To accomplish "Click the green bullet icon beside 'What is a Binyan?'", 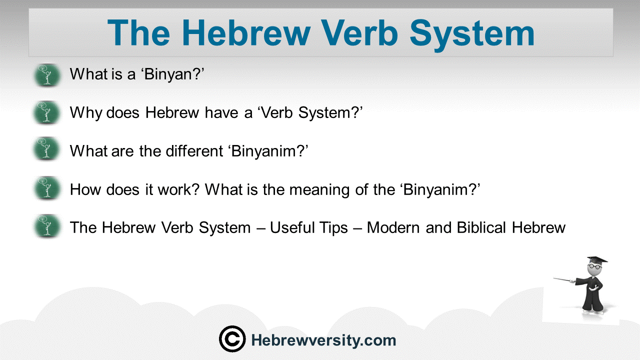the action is pos(47,75).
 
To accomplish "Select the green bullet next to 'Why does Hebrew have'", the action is pos(47,112).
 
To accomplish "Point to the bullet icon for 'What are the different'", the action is pos(47,149).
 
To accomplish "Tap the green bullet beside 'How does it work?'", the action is pos(47,188).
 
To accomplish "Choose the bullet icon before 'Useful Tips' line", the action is pos(47,226).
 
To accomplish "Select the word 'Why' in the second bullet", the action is pos(85,113).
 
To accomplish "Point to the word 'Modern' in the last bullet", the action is pos(393,227).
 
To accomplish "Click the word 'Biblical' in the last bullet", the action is pos(481,227).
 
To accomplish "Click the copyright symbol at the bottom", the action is pos(232,339).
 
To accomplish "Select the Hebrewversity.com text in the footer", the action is pos(323,341).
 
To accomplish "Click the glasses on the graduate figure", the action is pos(594,266).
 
